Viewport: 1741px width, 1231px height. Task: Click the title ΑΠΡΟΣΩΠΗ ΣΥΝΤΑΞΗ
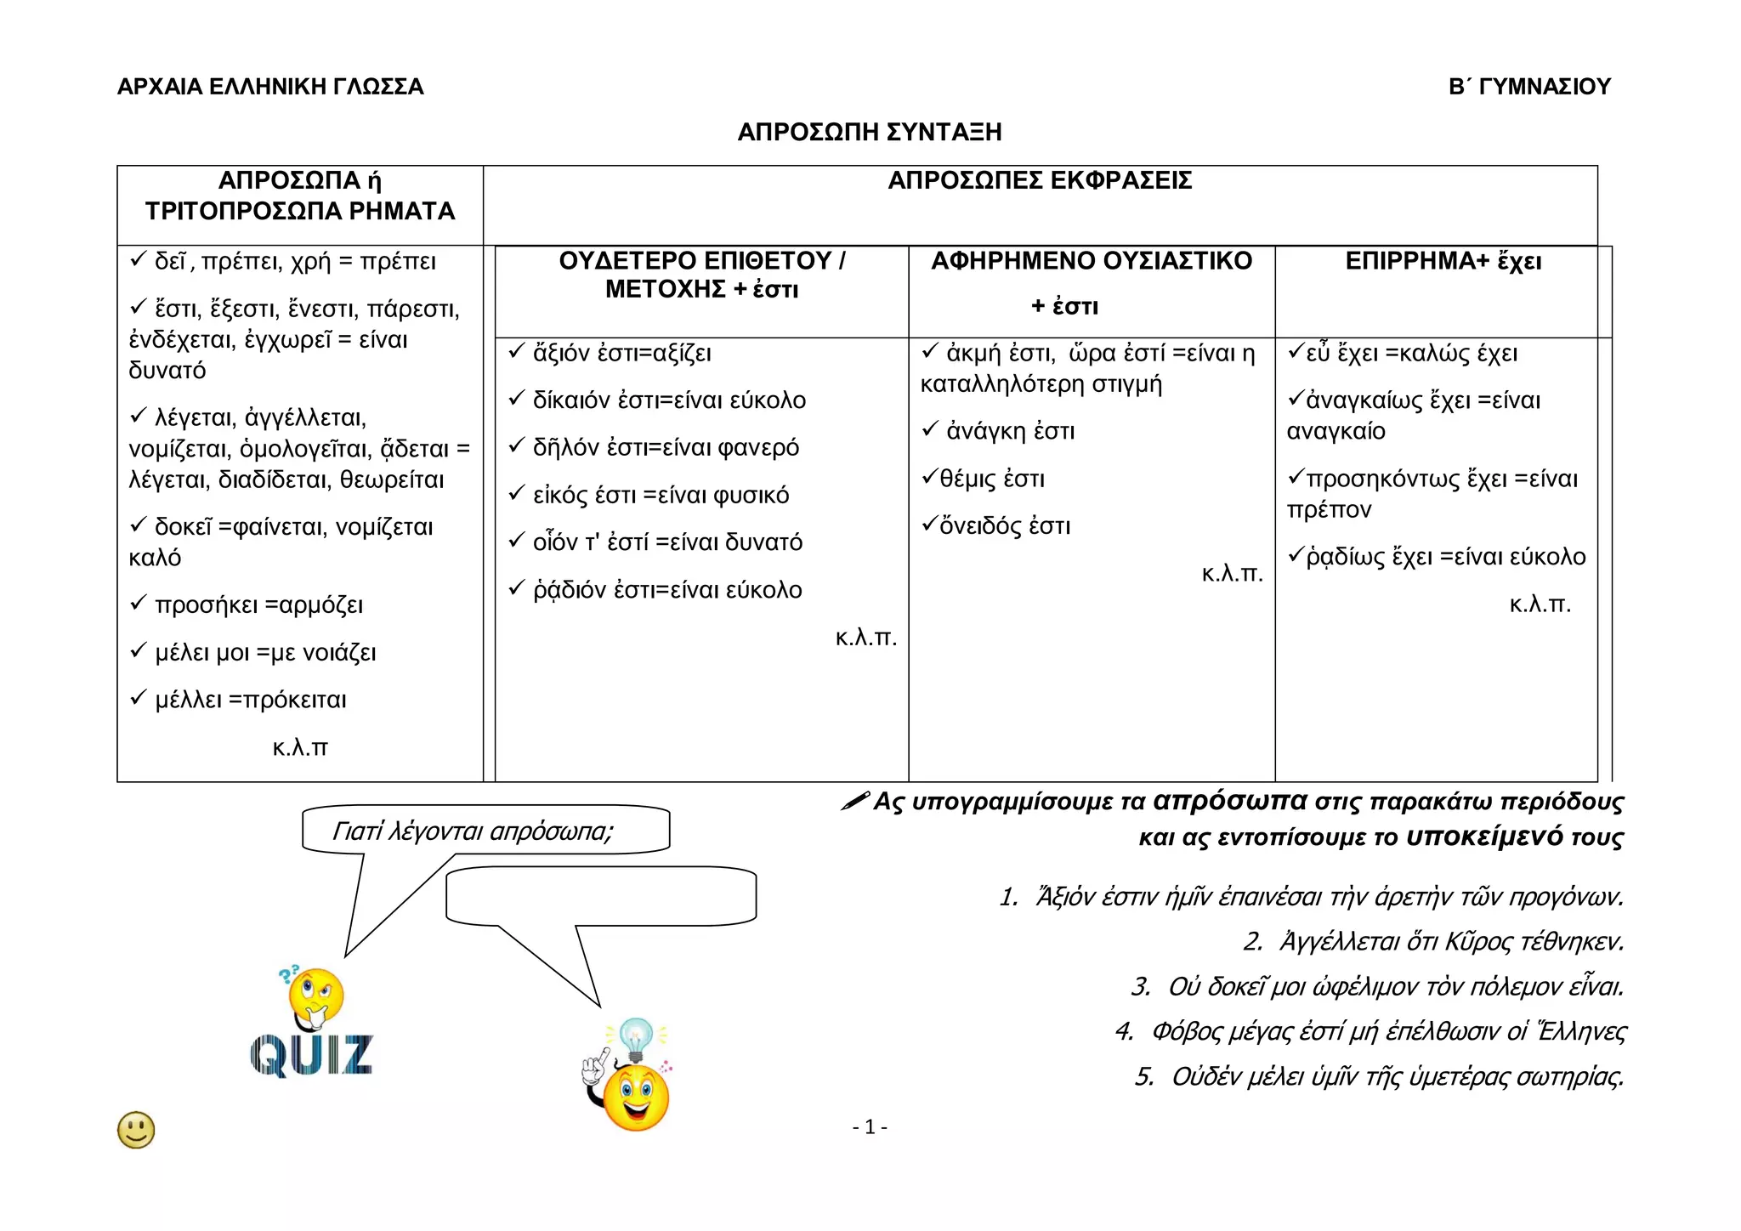[869, 133]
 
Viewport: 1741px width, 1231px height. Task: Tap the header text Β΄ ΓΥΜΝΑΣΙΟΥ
[1529, 87]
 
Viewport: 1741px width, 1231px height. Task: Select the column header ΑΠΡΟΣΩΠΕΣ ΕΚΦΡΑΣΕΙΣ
[1040, 181]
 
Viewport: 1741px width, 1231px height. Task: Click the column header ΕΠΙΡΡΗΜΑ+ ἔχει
[1443, 261]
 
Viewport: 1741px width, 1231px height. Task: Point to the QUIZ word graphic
[311, 1056]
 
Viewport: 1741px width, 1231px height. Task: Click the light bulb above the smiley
[635, 1035]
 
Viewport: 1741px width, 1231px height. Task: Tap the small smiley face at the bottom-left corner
[136, 1130]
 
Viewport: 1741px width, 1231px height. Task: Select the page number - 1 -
[869, 1127]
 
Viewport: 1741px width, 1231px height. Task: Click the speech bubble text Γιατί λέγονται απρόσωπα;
[473, 831]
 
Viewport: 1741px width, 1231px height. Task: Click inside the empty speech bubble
[600, 895]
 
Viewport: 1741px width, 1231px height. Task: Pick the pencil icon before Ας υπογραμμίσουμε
[854, 801]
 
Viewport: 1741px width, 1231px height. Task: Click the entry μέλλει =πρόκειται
[250, 701]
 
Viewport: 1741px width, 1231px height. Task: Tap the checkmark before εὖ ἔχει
[1296, 351]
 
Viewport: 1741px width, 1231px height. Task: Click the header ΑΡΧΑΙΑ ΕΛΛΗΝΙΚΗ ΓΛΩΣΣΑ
[270, 87]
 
